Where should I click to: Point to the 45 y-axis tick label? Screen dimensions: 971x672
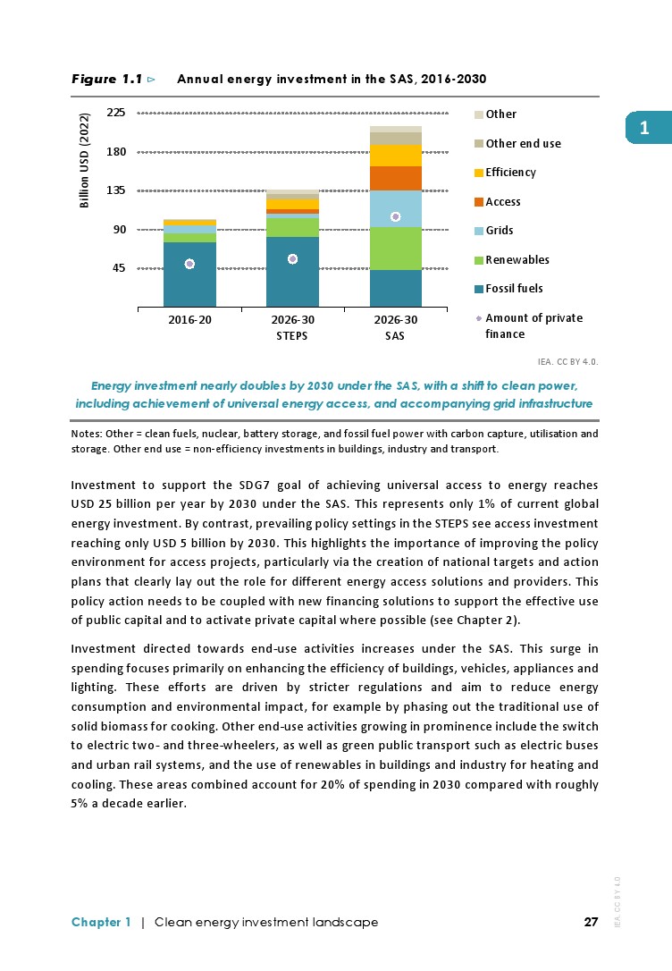click(x=119, y=268)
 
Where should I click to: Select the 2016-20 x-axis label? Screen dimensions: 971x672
click(x=189, y=320)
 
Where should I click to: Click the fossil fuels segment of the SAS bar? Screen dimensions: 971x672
click(x=396, y=288)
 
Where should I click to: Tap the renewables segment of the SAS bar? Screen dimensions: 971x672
click(x=396, y=249)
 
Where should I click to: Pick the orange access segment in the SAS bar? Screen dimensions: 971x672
click(x=396, y=178)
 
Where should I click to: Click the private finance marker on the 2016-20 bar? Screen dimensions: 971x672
click(x=189, y=264)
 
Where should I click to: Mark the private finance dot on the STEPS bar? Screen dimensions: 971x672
click(x=292, y=259)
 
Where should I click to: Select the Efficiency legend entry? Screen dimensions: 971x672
click(x=510, y=173)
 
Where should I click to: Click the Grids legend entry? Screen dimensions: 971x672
click(x=499, y=231)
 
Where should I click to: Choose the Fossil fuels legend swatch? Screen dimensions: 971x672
click(x=479, y=289)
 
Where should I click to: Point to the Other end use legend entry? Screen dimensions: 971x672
click(x=523, y=143)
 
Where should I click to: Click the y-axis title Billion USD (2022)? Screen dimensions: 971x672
click(x=86, y=161)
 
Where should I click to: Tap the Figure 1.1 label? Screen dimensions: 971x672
click(x=107, y=80)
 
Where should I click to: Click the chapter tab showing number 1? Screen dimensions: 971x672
click(x=643, y=129)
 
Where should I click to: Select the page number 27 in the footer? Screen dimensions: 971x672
click(x=590, y=922)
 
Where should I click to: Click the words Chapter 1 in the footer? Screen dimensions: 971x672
click(x=101, y=922)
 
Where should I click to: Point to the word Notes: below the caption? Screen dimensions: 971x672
click(x=86, y=434)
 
